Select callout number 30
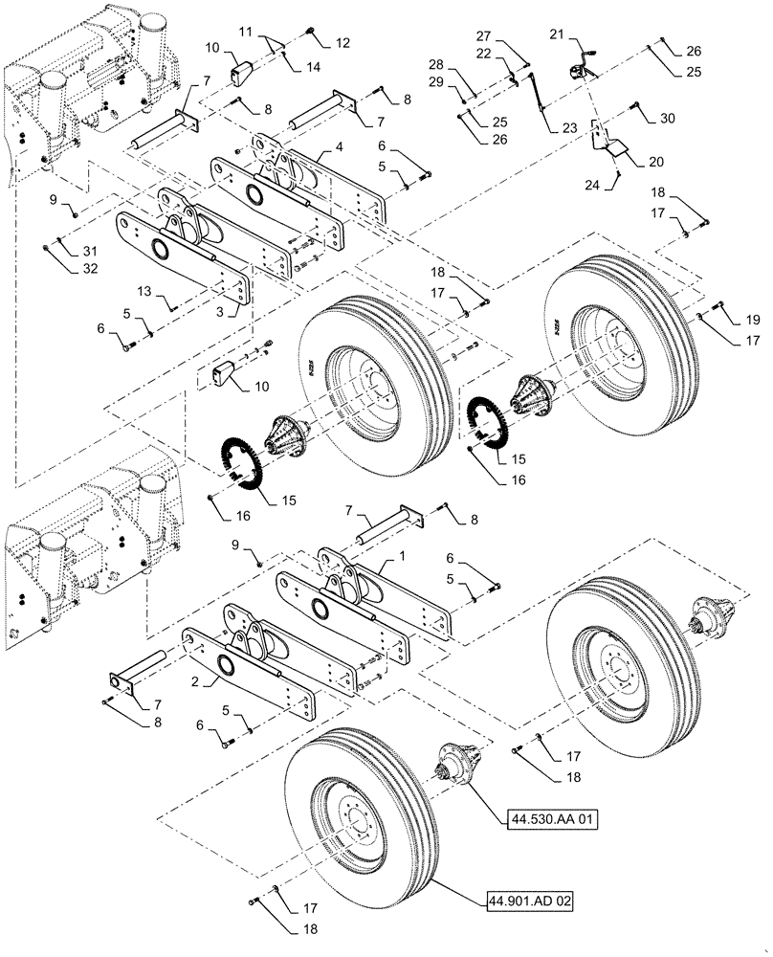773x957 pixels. click(666, 118)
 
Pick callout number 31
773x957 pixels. click(64, 251)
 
